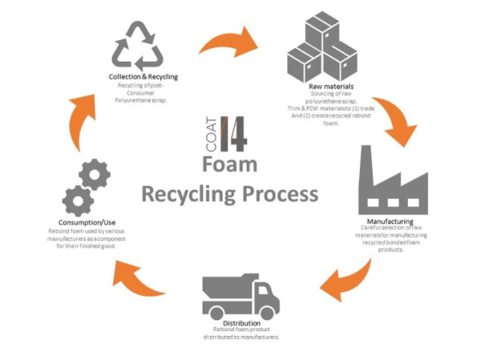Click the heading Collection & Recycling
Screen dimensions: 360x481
[x=143, y=77]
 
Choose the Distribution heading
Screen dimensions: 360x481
[x=240, y=323]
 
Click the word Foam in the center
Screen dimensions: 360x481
[x=229, y=164]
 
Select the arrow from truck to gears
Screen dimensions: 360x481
[x=137, y=276]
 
